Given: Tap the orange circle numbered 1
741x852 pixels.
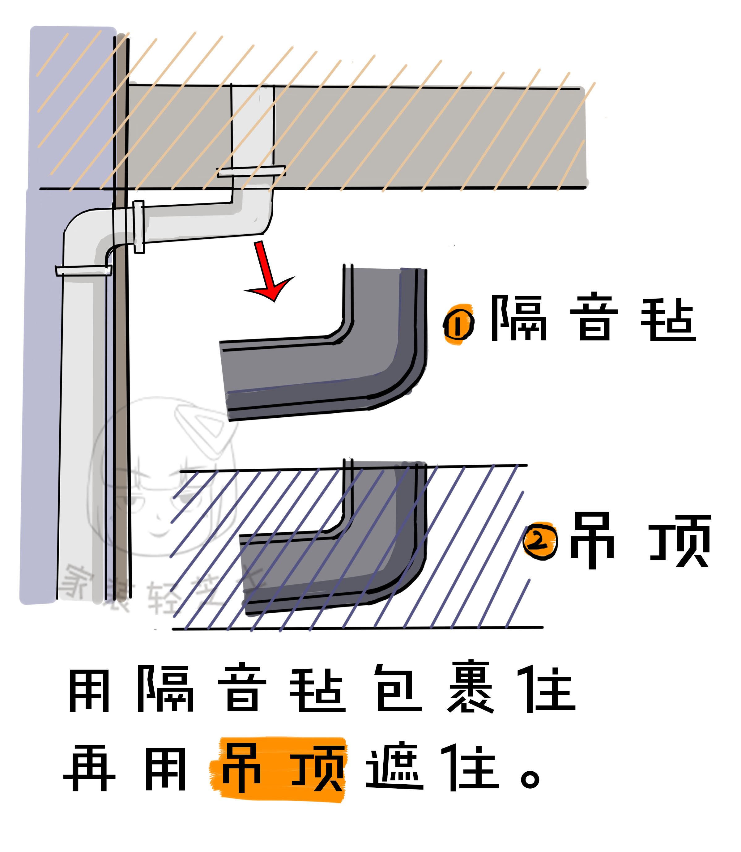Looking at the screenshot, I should pyautogui.click(x=458, y=325).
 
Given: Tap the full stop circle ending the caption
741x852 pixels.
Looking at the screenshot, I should pyautogui.click(x=530, y=778).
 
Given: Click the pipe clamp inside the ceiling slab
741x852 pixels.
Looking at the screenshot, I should pyautogui.click(x=251, y=171).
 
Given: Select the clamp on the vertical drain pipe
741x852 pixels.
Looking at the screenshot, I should pyautogui.click(x=83, y=270).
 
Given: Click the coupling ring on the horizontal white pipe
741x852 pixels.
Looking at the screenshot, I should pyautogui.click(x=139, y=227).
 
